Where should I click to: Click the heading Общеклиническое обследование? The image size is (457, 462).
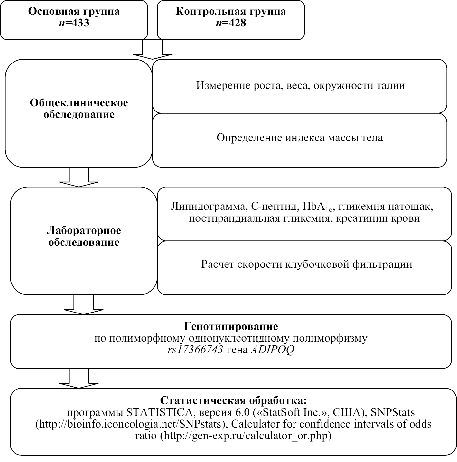pyautogui.click(x=79, y=109)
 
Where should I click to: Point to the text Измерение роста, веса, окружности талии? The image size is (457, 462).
pyautogui.click(x=300, y=86)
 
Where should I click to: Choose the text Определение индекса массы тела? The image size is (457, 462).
pyautogui.click(x=300, y=138)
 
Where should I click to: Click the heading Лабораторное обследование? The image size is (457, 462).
pyautogui.click(x=84, y=236)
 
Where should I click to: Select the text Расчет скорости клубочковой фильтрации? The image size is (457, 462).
pyautogui.click(x=307, y=265)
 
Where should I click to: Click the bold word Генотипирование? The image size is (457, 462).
pyautogui.click(x=231, y=326)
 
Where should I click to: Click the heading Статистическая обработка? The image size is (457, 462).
pyautogui.click(x=233, y=400)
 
